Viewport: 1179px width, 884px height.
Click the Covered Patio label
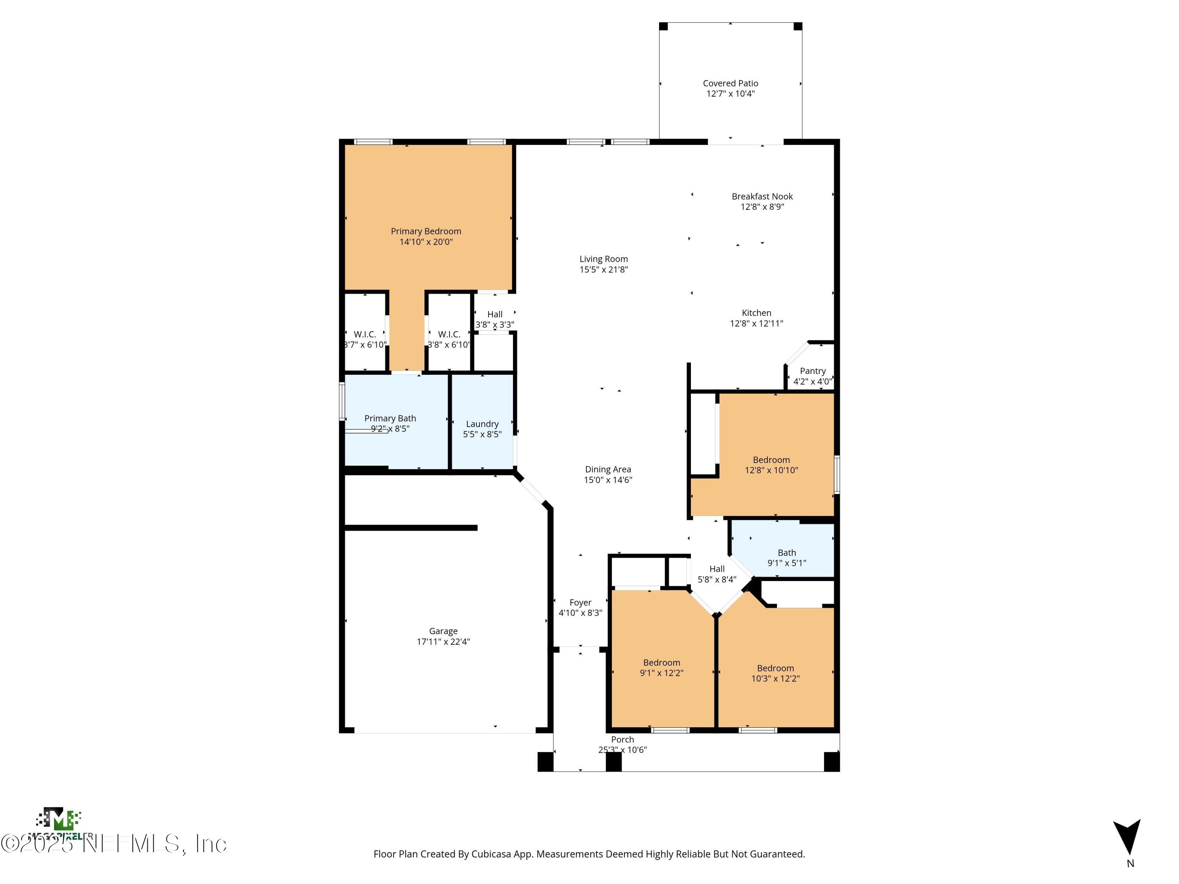coord(730,83)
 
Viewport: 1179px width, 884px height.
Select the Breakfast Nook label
coord(762,196)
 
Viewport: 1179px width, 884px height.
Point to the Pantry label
coord(812,371)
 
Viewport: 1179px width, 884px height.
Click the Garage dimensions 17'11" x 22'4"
coord(443,642)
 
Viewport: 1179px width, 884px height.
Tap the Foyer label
coord(580,603)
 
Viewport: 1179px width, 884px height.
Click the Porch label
coord(622,739)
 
